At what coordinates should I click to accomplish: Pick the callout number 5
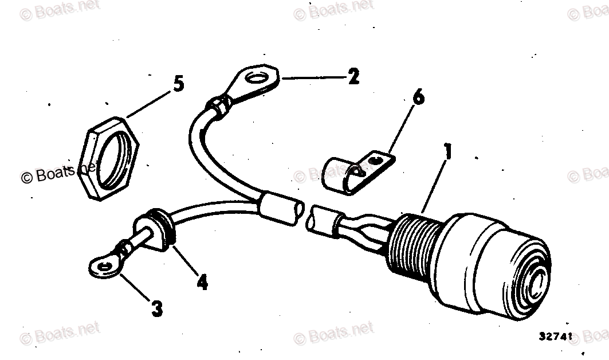[179, 84]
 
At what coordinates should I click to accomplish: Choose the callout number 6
[419, 97]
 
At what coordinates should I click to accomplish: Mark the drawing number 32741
[555, 338]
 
